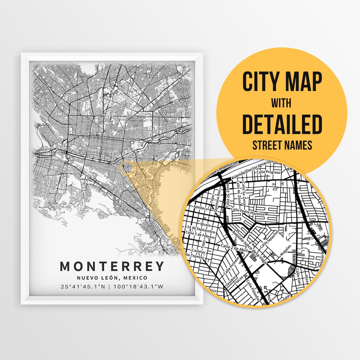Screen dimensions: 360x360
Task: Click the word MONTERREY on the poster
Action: click(112, 266)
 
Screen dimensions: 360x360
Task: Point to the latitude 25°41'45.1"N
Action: click(85, 286)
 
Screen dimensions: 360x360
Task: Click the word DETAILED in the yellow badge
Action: click(282, 124)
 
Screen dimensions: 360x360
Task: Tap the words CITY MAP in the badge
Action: click(282, 82)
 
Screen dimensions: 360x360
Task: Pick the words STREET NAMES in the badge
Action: click(282, 145)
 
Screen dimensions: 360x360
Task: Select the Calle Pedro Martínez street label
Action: click(248, 211)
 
